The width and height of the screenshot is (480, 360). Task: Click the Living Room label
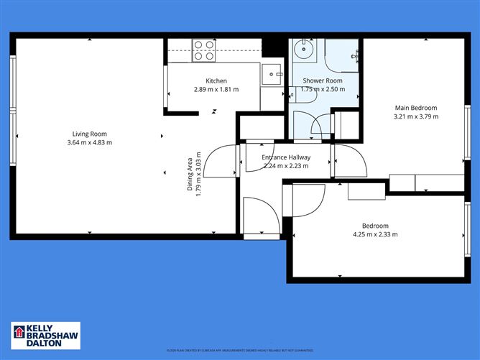89,134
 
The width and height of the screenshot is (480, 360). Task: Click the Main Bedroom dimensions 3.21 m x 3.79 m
415,117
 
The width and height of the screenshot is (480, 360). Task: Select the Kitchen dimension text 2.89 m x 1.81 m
216,90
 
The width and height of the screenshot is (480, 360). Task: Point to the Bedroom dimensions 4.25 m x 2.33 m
375,234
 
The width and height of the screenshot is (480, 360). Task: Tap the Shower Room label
323,80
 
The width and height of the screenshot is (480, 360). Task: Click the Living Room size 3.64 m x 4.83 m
89,142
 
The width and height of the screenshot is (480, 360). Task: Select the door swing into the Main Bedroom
349,160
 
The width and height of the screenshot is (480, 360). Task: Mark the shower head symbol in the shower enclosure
355,56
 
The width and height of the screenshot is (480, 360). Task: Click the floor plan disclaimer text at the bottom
240,350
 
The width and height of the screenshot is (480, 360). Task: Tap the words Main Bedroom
415,109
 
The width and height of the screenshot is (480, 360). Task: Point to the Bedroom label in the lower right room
375,225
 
